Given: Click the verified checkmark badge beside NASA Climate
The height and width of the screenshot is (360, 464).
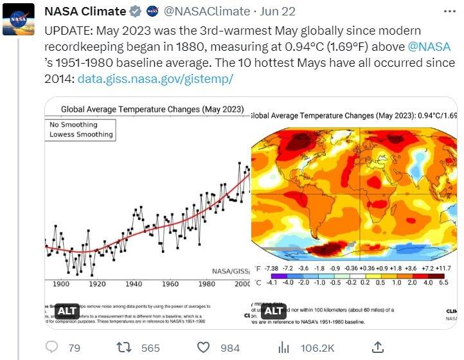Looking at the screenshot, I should [136, 12].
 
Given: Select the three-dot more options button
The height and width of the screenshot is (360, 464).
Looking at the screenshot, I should [451, 12].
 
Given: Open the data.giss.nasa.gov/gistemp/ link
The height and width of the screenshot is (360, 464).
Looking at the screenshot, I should [155, 78].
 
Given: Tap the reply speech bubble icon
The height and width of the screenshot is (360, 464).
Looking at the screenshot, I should [53, 347].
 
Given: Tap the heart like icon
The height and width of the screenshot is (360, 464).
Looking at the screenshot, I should [204, 347].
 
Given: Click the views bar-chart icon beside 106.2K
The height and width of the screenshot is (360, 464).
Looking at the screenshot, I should [283, 347].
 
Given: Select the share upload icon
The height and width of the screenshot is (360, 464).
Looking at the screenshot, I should [379, 347].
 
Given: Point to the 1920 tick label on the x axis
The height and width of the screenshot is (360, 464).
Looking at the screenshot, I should [97, 283].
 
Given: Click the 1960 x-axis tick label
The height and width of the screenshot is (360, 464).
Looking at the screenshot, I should [170, 283].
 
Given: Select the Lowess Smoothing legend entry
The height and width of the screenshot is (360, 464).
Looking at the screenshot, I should [81, 134].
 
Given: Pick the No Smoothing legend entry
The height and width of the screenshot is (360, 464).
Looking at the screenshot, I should [73, 124].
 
